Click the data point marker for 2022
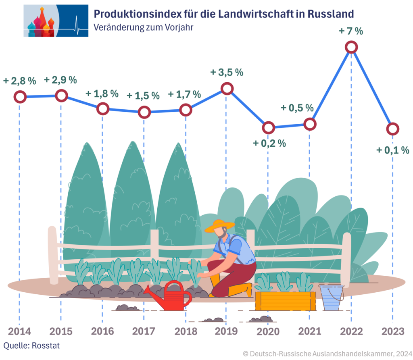tap(351, 47)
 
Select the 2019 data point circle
tap(227, 88)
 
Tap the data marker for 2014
tap(20, 97)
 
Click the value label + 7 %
tap(351, 31)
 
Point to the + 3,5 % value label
tap(227, 73)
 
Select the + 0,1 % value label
tap(392, 150)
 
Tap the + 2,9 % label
tap(60, 80)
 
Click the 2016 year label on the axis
tap(102, 332)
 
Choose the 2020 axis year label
tap(268, 332)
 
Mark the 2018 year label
tap(186, 332)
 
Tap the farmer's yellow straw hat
tap(219, 226)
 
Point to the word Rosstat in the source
tap(40, 346)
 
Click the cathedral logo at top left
tap(56, 21)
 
